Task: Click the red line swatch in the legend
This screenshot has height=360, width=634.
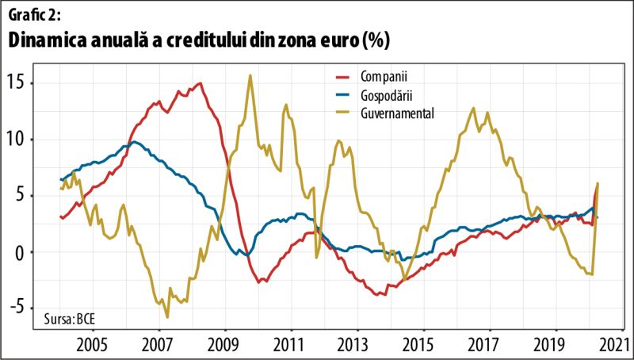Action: click(x=342, y=77)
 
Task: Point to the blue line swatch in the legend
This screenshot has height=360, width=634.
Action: click(x=342, y=95)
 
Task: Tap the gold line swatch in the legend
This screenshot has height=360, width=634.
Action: click(x=342, y=113)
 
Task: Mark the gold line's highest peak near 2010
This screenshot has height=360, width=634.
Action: click(x=250, y=76)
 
